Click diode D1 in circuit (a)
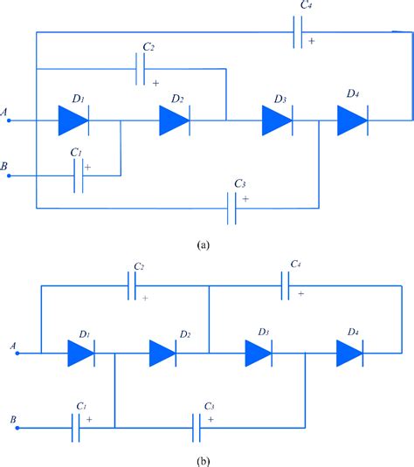pos(74,120)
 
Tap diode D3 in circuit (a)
pos(278,120)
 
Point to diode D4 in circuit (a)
pos(352,120)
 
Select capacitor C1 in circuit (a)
pos(79,175)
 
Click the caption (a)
pos(204,247)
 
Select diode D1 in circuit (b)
pos(80,354)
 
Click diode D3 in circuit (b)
pos(259,354)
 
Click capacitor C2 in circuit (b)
pos(133,285)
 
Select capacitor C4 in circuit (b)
pos(286,285)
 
